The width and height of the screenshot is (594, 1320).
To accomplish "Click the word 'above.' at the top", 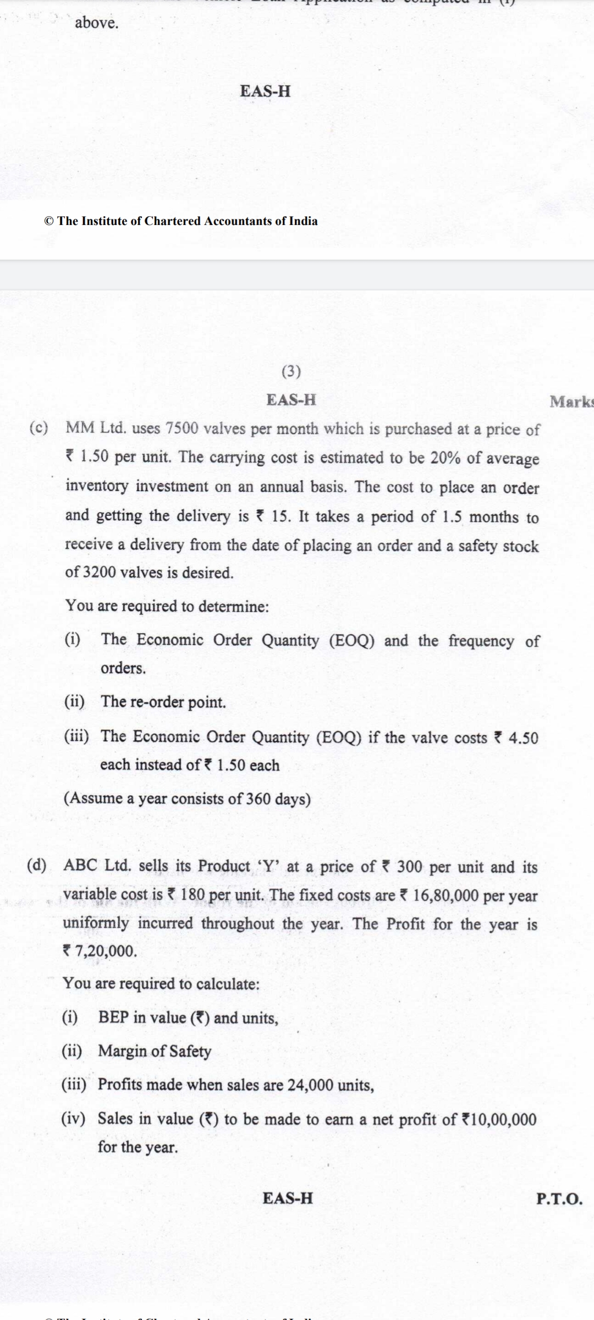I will [x=97, y=23].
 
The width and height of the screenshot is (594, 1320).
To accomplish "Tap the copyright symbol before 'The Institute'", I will [x=49, y=221].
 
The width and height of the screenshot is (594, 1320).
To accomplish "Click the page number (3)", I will [x=291, y=372].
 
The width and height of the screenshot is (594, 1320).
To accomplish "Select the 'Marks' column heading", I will [x=571, y=402].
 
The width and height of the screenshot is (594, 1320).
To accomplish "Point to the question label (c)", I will [x=38, y=427].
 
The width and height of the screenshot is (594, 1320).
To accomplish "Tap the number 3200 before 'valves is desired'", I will [x=99, y=573].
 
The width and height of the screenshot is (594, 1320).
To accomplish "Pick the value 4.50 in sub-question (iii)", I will [x=523, y=738].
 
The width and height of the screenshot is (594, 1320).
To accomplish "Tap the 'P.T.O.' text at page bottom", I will [x=559, y=1199].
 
